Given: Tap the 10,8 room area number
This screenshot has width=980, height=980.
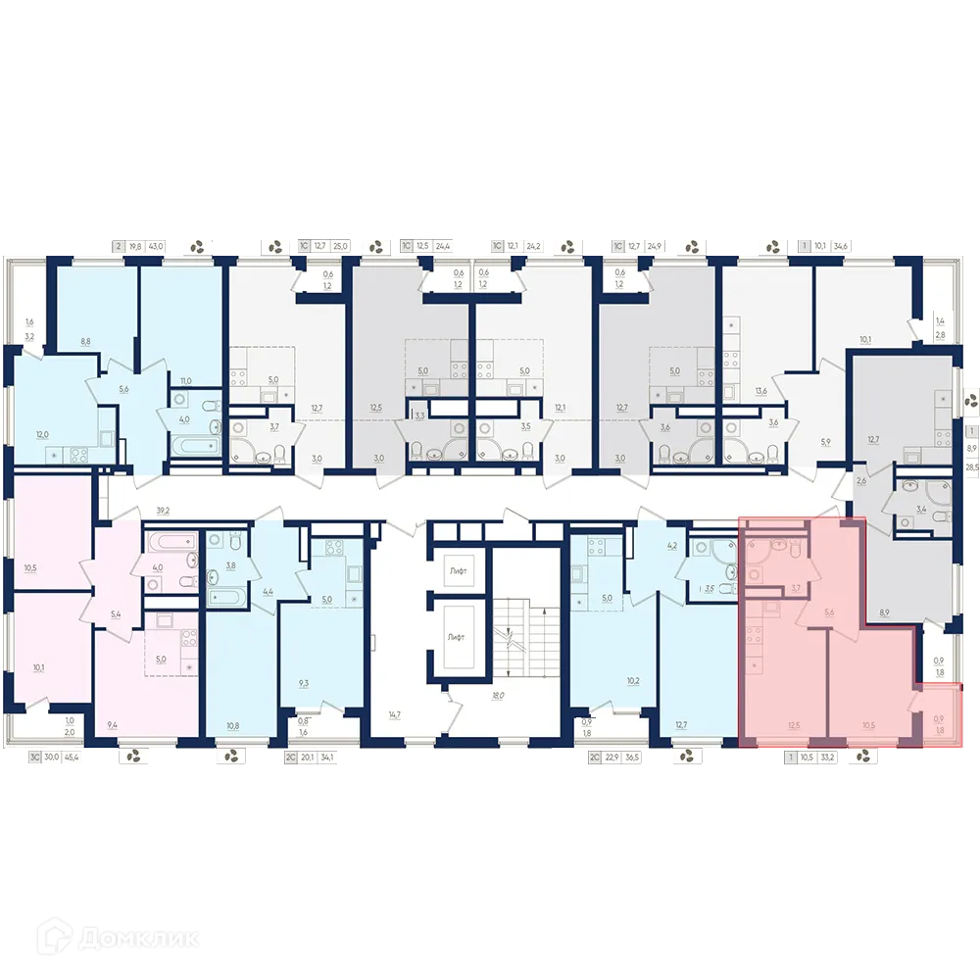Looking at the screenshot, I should [x=232, y=725].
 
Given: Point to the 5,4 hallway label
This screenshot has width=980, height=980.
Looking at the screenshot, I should [x=116, y=614].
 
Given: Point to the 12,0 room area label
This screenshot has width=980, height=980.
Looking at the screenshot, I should [x=42, y=434].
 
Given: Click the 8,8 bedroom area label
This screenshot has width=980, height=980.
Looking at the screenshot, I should [x=85, y=342].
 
